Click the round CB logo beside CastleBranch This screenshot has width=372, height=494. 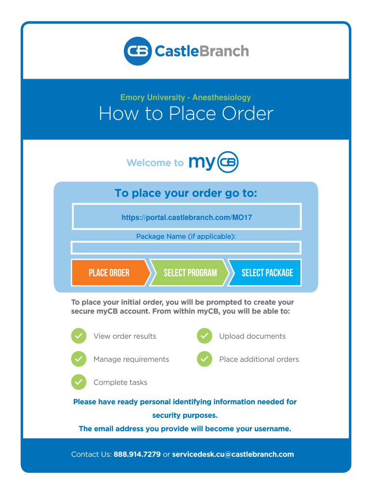138,51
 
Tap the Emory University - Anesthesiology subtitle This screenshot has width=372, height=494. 186,97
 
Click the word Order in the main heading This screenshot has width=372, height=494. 247,114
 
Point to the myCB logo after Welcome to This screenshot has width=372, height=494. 214,162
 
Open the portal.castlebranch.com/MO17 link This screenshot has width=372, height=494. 186,218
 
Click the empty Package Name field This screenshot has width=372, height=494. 186,248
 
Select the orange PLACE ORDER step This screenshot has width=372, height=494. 109,273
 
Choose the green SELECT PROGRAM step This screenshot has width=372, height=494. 190,273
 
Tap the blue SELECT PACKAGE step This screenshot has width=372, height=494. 267,273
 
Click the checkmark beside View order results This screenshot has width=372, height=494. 79,336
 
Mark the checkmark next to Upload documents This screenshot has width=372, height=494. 204,336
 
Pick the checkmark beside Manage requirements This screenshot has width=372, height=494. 79,359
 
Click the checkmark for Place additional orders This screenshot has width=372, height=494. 204,359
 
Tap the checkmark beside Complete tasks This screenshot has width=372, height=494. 79,383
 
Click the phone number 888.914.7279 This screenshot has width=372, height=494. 137,454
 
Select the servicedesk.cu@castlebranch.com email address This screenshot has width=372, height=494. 233,454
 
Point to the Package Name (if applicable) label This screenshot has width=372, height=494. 186,236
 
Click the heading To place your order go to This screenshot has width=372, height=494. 186,193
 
